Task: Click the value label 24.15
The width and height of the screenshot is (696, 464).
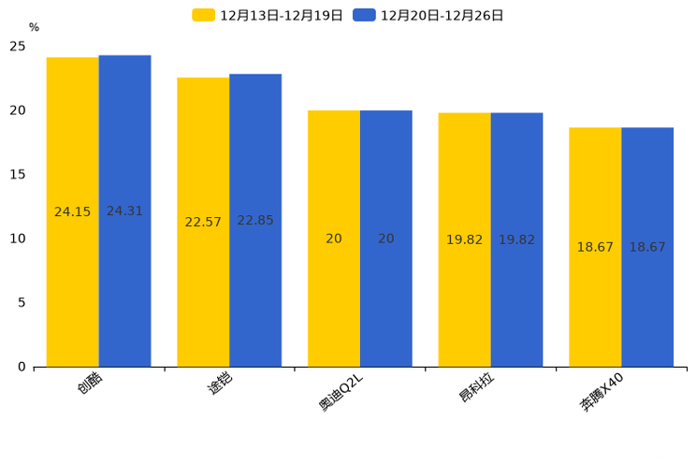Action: click(72, 212)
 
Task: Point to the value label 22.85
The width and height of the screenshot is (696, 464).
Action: click(255, 221)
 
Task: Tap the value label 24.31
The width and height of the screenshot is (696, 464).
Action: click(124, 211)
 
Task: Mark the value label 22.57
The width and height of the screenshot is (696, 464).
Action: click(203, 223)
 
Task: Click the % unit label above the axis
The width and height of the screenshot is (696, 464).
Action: click(34, 28)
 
